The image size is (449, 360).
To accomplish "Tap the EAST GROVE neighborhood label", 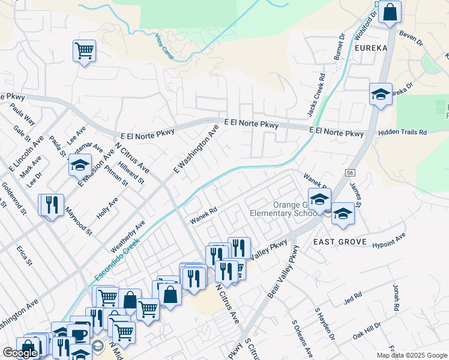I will [340, 241].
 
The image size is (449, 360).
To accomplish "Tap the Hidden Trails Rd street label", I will [402, 132].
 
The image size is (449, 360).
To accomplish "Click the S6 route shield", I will [351, 172].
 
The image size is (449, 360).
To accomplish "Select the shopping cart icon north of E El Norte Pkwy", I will [84, 50].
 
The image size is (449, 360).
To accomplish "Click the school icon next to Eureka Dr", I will [381, 94].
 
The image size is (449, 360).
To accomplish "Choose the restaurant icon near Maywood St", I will [51, 205].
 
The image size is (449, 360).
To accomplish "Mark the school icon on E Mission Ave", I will [79, 165].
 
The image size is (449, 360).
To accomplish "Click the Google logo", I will [20, 353].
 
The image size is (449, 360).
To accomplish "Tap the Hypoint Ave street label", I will [389, 240].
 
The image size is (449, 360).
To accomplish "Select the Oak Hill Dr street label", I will [367, 332].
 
